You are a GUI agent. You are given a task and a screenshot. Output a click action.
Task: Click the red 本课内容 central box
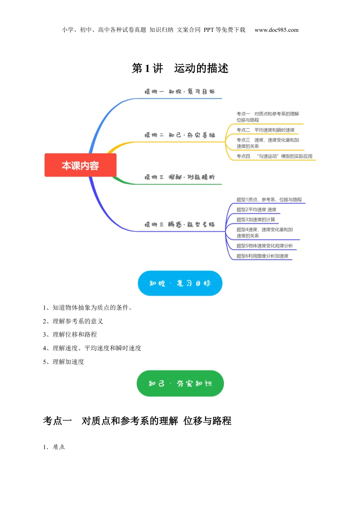pyautogui.click(x=80, y=165)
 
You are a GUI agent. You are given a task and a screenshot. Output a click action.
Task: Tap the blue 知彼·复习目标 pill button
pyautogui.click(x=180, y=283)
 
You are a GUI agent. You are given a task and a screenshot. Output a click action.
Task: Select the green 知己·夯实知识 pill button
pyautogui.click(x=180, y=383)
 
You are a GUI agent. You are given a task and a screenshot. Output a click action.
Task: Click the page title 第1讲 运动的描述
pyautogui.click(x=180, y=68)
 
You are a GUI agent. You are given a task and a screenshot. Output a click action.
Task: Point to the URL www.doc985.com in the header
pyautogui.click(x=276, y=30)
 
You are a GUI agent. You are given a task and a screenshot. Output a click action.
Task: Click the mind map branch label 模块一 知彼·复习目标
pyautogui.click(x=180, y=92)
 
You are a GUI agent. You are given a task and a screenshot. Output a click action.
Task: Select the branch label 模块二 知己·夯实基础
pyautogui.click(x=180, y=135)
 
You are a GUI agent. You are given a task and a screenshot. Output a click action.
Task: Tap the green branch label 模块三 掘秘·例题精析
pyautogui.click(x=180, y=177)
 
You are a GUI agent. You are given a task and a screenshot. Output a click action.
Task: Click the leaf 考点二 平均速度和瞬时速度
pyautogui.click(x=265, y=130)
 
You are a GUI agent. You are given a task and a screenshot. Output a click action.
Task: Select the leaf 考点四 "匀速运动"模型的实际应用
pyautogui.click(x=274, y=156)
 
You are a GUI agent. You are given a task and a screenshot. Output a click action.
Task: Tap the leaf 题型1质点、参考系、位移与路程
pyautogui.click(x=269, y=200)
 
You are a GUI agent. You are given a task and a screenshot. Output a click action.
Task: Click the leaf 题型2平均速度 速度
pyautogui.click(x=256, y=209)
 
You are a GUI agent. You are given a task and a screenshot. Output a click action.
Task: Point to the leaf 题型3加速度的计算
pyautogui.click(x=256, y=220)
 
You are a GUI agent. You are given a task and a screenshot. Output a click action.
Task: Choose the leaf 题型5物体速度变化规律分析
pyautogui.click(x=265, y=246)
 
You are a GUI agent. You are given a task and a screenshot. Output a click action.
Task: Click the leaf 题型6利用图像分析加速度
pyautogui.click(x=262, y=256)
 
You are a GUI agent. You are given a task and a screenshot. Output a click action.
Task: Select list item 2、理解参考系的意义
pyautogui.click(x=73, y=321)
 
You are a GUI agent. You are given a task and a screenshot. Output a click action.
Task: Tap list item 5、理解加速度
pyautogui.click(x=63, y=362)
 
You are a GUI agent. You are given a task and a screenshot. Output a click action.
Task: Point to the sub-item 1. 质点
pyautogui.click(x=54, y=447)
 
